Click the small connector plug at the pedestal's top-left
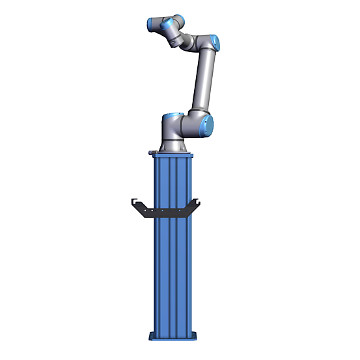(152, 152)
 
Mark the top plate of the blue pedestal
(173, 155)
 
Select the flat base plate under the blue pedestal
(173, 337)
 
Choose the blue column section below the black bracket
(173, 273)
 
